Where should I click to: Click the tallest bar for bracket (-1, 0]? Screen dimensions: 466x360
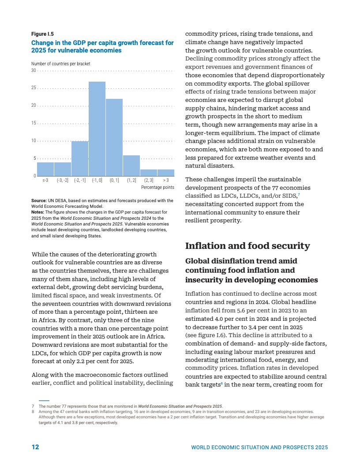tap(97, 129)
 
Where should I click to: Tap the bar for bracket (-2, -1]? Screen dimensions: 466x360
tap(80, 158)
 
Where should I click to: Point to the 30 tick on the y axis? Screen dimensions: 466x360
tap(33, 71)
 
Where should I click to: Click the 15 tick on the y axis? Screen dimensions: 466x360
tap(33, 123)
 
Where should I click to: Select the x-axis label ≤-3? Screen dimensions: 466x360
tap(45, 180)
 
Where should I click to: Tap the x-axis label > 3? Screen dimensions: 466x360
tap(166, 180)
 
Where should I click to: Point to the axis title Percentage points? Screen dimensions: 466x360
tap(157, 188)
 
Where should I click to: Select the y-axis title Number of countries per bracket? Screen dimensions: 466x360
tap(60, 64)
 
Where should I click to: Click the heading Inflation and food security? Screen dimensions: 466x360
tap(247, 246)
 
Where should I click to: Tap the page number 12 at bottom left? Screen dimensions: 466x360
tap(35, 447)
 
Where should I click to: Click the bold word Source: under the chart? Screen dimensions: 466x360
tap(39, 201)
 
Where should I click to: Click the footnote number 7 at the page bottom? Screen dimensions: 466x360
tap(33, 406)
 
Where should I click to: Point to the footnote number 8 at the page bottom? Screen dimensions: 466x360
tap(33, 411)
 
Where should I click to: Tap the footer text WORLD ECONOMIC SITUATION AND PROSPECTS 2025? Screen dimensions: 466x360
tap(259, 447)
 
